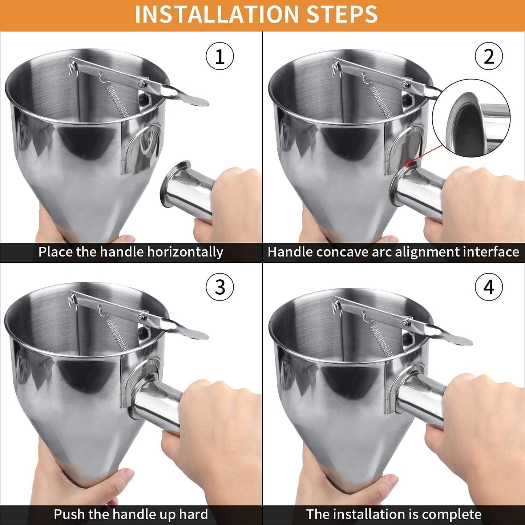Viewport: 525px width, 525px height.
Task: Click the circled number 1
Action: (x=220, y=57)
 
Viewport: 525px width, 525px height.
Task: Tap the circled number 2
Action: (x=489, y=57)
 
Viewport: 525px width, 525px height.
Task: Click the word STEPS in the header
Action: (x=342, y=15)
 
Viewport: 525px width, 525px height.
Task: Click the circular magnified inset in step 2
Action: (x=471, y=118)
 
